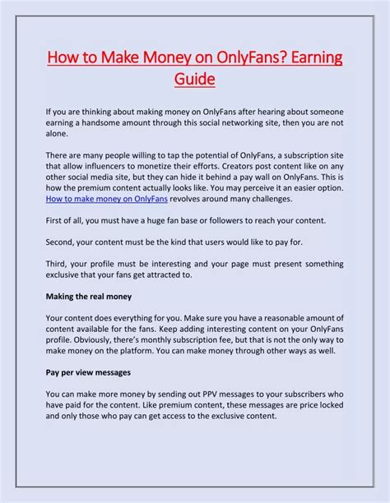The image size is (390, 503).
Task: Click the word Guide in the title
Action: pos(194,80)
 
